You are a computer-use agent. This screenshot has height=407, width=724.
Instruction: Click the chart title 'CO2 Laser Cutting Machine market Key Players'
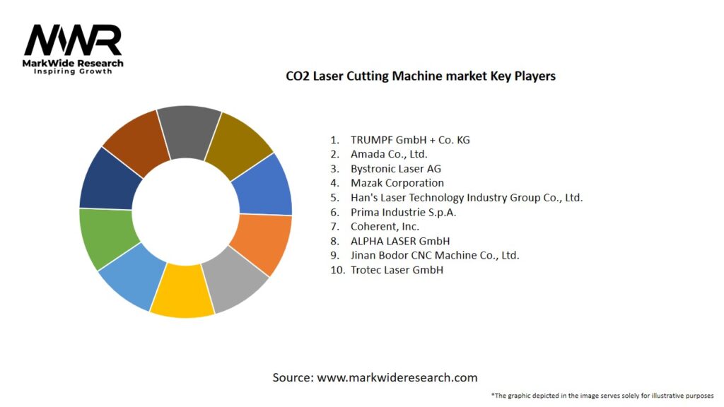tap(420, 76)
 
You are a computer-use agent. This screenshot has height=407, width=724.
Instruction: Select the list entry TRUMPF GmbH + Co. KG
tap(409, 140)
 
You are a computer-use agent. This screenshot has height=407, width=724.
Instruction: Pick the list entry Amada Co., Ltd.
tap(388, 154)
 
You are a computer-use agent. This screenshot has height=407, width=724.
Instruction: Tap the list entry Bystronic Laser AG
tap(395, 169)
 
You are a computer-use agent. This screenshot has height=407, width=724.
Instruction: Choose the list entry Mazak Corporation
tap(397, 183)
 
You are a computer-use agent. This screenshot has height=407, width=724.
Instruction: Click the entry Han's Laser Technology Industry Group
tap(466, 198)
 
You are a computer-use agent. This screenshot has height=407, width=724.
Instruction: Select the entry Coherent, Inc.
tap(385, 227)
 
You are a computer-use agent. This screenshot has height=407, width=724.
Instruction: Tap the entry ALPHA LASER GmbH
tap(399, 241)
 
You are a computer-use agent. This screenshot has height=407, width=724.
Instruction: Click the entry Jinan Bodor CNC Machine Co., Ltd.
tap(434, 255)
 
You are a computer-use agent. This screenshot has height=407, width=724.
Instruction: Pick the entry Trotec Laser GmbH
tap(396, 270)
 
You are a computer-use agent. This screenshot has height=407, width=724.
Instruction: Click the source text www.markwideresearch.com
tap(397, 377)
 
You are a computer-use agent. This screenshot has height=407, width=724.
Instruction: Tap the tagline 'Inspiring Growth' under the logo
tap(73, 71)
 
